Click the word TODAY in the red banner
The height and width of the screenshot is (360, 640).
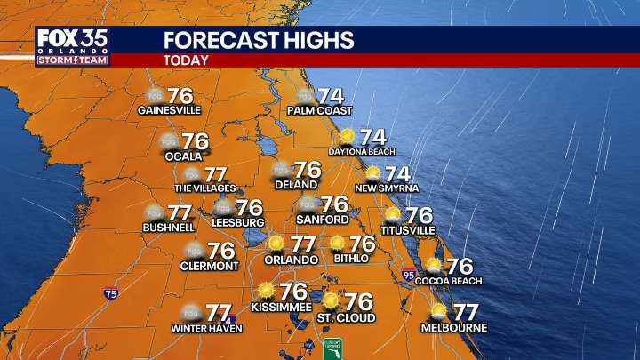(187, 60)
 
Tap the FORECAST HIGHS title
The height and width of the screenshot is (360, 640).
(259, 40)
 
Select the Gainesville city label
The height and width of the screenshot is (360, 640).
(170, 110)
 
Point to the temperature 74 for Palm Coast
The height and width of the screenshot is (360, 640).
(331, 95)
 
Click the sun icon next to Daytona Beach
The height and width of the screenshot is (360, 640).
(347, 136)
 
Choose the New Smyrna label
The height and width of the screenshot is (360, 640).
(387, 188)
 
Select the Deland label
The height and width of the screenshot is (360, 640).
(293, 187)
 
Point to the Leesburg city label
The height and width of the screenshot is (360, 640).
(239, 222)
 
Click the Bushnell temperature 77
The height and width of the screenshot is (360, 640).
(180, 213)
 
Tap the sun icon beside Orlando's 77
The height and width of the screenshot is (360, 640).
(276, 243)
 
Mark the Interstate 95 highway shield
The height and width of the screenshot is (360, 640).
(409, 276)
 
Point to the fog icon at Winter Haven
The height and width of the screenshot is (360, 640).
(189, 313)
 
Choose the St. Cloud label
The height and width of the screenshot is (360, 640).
(346, 317)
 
